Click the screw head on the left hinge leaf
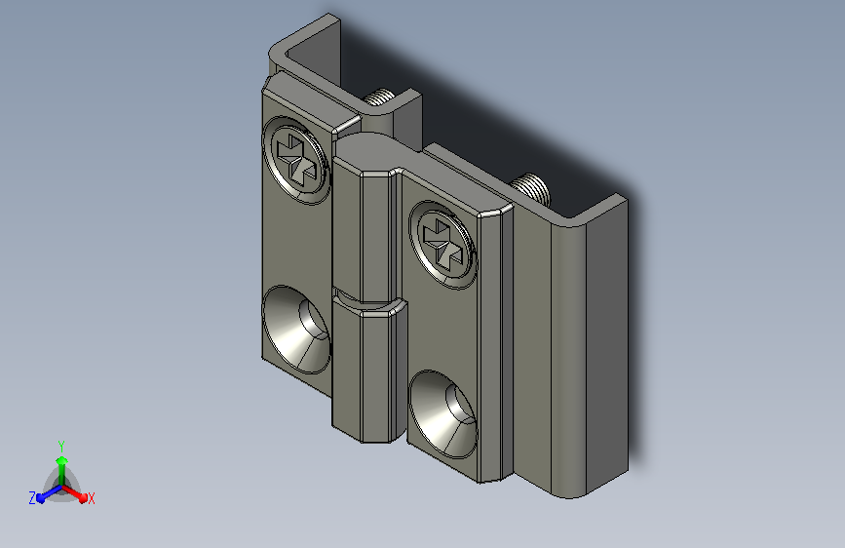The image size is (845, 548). [296, 160]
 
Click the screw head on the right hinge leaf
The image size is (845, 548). [443, 246]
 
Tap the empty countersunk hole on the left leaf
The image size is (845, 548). [296, 330]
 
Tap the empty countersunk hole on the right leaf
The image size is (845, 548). [443, 414]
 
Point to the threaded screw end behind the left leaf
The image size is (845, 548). [379, 98]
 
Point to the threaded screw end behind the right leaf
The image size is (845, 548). [531, 189]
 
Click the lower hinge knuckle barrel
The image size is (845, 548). [368, 372]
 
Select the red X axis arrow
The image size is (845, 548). [74, 493]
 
